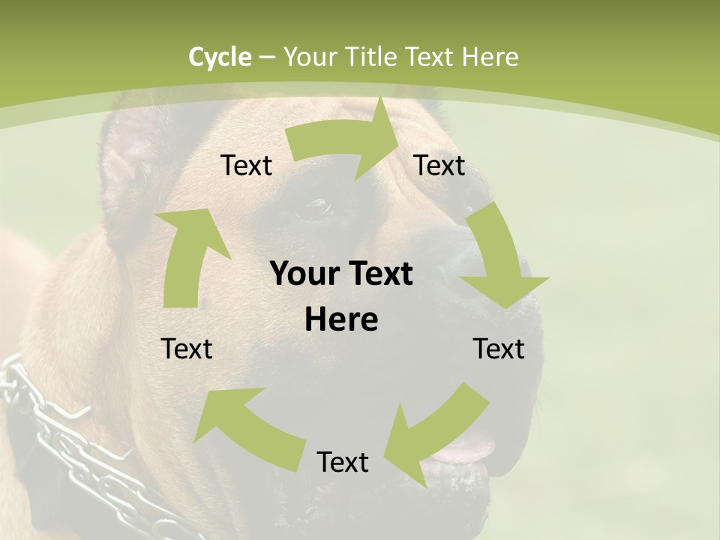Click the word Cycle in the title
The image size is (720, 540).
[x=220, y=57]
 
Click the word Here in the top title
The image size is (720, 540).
[x=489, y=57]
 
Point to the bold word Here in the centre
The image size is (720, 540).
[x=341, y=320]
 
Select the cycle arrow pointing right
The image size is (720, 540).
[x=345, y=142]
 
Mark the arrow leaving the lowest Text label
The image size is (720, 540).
[x=247, y=427]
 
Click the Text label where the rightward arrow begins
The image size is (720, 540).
[x=246, y=166]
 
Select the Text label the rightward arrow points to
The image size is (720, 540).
[x=439, y=166]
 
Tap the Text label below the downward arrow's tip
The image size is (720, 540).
[x=499, y=349]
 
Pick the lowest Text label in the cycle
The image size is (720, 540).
[x=343, y=463]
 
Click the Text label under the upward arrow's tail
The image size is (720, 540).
[x=187, y=349]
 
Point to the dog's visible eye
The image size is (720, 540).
[x=315, y=208]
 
